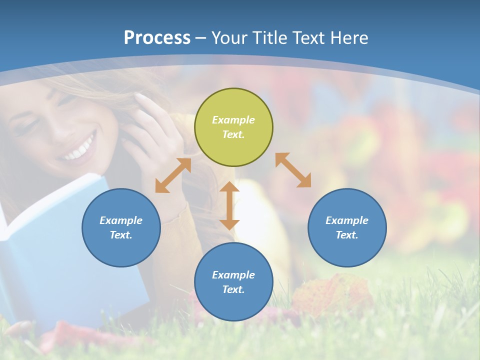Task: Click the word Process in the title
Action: click(x=157, y=37)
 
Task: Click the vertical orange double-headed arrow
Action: click(x=229, y=206)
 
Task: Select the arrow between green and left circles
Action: click(x=173, y=175)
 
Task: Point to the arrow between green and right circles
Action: click(x=293, y=170)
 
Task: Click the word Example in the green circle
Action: click(x=233, y=120)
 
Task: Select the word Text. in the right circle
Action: click(x=347, y=235)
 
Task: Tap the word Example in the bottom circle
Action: click(x=233, y=275)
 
